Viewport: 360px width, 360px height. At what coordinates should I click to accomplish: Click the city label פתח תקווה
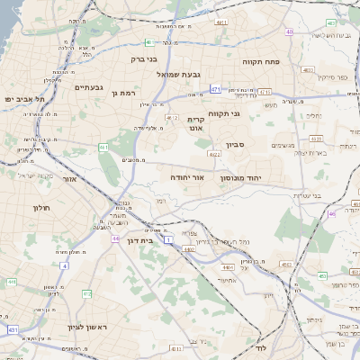(264, 63)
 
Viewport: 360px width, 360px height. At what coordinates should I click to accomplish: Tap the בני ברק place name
(143, 59)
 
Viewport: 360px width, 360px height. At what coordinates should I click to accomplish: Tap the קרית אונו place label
(195, 124)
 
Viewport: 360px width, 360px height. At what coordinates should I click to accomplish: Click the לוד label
(262, 347)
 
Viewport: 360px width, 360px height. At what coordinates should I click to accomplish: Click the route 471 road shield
(215, 89)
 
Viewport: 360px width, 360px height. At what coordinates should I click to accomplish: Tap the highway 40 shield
(289, 32)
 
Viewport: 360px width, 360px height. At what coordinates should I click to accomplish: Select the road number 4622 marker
(214, 155)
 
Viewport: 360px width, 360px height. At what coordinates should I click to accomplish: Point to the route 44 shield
(116, 238)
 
